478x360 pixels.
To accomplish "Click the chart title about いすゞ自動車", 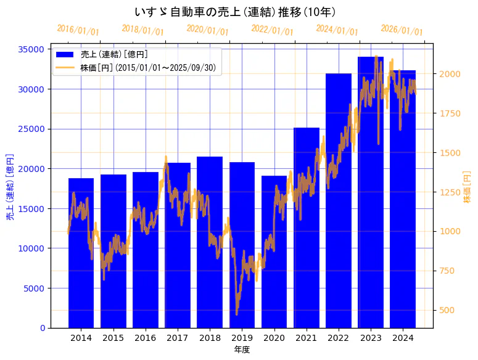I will [x=235, y=12].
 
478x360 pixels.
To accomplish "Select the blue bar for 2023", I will [x=371, y=197].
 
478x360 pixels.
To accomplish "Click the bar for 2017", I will [x=178, y=247].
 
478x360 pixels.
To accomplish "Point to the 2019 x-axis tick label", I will [x=242, y=338].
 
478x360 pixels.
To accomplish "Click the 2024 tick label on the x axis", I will [x=403, y=338].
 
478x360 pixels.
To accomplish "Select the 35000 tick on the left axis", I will [x=31, y=49].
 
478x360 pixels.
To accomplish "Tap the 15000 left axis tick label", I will [x=31, y=208].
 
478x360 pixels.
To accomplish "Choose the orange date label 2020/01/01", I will [x=207, y=30].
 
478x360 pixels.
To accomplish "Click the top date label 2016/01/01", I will [x=78, y=30].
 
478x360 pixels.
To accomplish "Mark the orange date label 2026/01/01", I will [x=402, y=30].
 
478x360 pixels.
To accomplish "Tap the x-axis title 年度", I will [x=242, y=350].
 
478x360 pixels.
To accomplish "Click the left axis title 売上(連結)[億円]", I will [x=10, y=187].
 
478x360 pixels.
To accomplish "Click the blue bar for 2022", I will [x=339, y=203].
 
